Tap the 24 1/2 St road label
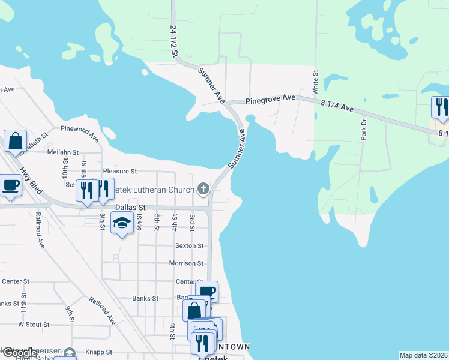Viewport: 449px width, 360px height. tap(175, 41)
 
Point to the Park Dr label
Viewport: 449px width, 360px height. tap(363, 129)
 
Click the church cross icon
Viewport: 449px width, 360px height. tap(203, 190)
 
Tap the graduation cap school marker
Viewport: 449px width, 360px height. tap(122, 223)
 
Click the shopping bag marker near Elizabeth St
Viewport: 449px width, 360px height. tap(15, 142)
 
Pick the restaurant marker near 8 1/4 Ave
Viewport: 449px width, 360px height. tap(440, 107)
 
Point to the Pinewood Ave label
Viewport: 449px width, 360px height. tap(79, 133)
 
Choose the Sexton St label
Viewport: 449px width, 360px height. tap(190, 245)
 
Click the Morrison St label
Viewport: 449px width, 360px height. tap(186, 263)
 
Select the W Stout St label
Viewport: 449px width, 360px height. tap(34, 324)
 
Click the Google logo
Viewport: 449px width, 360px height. tap(19, 353)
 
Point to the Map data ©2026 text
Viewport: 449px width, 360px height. tap(423, 355)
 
